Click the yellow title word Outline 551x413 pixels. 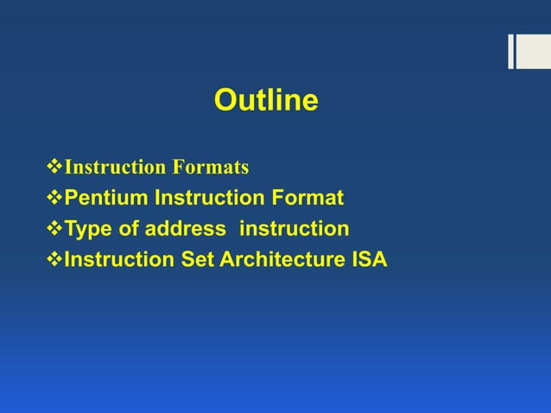pyautogui.click(x=266, y=101)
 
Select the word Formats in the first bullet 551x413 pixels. pyautogui.click(x=215, y=167)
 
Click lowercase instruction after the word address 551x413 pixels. pyautogui.click(x=294, y=229)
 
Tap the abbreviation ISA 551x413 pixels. pyautogui.click(x=367, y=260)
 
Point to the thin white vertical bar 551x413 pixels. pyautogui.click(x=510, y=51)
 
